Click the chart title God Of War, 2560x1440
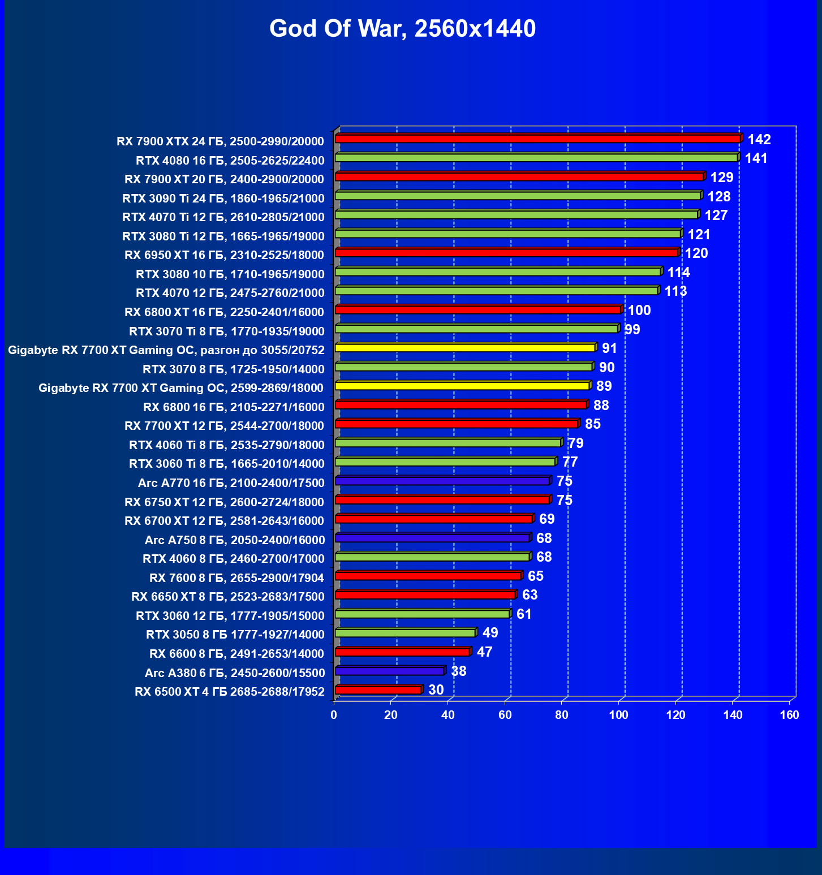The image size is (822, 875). click(x=402, y=28)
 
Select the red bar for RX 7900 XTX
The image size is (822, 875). click(x=537, y=139)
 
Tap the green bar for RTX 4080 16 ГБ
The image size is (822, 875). click(x=536, y=158)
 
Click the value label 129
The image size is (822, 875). click(x=721, y=177)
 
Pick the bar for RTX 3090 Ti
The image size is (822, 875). click(x=518, y=196)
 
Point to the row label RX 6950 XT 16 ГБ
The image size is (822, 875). click(x=224, y=255)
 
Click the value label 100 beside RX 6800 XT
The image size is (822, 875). click(x=639, y=310)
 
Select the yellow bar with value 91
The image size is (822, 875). click(x=465, y=348)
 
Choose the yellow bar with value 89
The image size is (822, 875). click(x=462, y=386)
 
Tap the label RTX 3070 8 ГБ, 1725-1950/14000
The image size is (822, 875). click(x=233, y=369)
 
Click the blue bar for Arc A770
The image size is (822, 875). click(x=442, y=481)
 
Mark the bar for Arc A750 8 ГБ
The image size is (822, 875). click(x=432, y=538)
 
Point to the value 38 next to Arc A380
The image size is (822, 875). click(x=458, y=671)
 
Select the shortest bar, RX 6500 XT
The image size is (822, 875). click(x=378, y=690)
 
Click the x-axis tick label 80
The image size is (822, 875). click(x=562, y=715)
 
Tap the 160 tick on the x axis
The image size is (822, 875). click(x=789, y=715)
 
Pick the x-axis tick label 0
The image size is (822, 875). click(x=334, y=715)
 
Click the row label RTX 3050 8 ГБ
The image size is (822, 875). click(x=235, y=635)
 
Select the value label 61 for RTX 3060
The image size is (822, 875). click(x=524, y=614)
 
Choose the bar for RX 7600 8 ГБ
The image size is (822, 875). click(x=428, y=576)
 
